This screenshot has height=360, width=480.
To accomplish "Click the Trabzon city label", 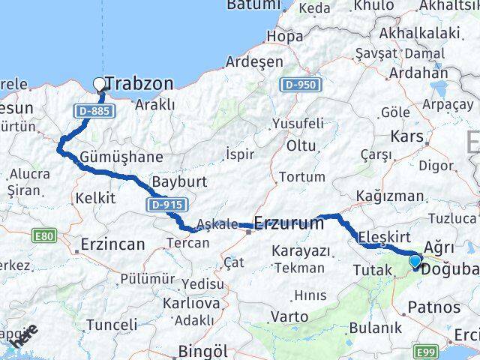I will click(x=140, y=83).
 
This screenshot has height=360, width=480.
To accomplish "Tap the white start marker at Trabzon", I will click(x=100, y=85).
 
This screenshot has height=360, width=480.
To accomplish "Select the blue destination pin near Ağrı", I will click(x=415, y=262).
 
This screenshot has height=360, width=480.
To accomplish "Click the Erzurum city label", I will click(x=289, y=223).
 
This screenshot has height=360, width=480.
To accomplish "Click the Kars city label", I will click(x=407, y=137).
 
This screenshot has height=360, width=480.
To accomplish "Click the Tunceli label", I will click(x=112, y=324).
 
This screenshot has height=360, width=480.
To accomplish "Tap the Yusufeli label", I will click(x=298, y=123).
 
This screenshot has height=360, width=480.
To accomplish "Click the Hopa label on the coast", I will click(x=285, y=35).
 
